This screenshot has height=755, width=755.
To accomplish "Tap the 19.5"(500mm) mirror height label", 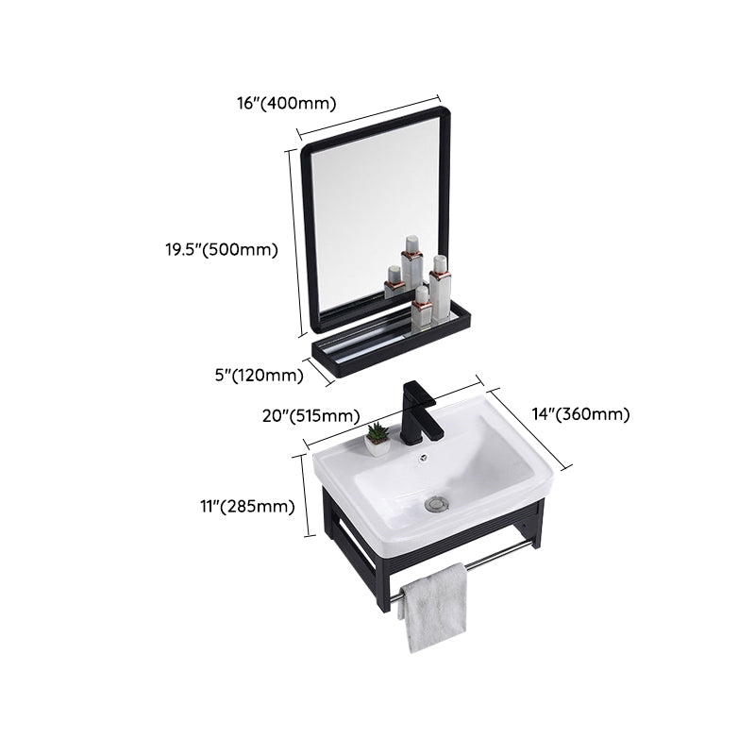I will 218,250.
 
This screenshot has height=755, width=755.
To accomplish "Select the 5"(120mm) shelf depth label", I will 259,376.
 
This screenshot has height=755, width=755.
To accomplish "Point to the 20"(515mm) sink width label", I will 312,416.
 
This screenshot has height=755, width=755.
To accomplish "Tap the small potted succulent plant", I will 377,434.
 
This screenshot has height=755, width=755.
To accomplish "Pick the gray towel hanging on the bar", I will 431,609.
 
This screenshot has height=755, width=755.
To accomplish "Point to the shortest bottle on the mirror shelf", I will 393,281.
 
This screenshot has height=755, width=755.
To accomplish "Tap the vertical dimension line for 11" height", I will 305,506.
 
